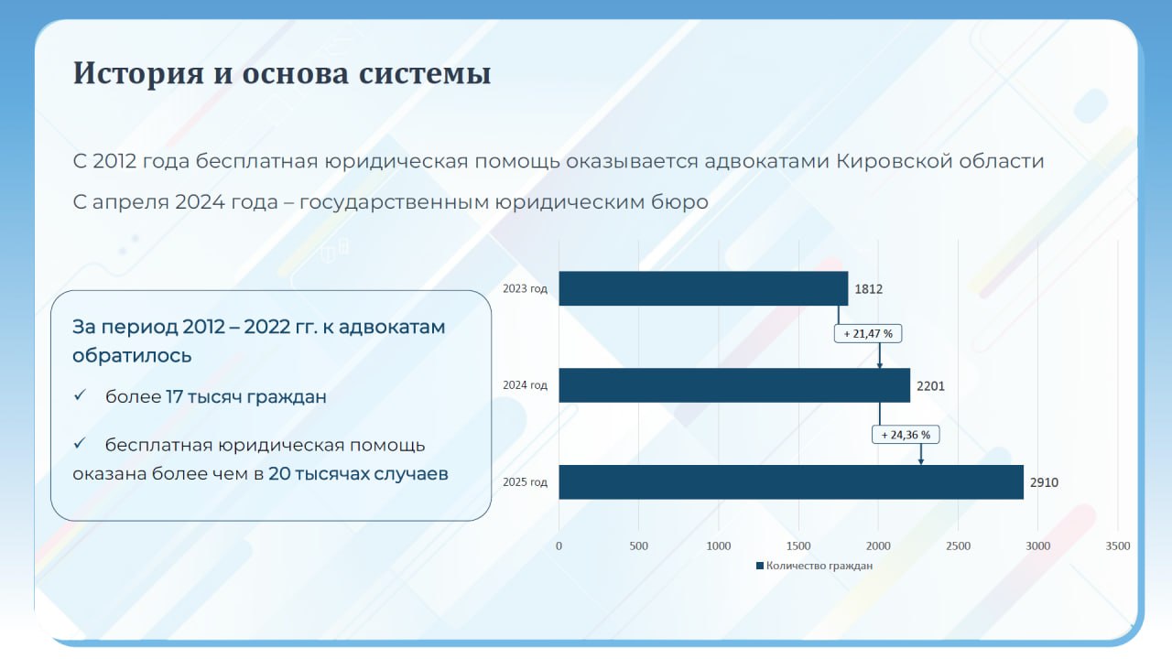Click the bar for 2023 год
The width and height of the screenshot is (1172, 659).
pos(703,288)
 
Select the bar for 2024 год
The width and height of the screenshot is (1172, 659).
pos(734,385)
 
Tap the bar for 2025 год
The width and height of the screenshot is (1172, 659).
pos(791,482)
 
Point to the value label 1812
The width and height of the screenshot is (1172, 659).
pos(869,289)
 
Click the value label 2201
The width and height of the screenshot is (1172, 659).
pos(930,386)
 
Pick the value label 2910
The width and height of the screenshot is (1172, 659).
pos(1044,482)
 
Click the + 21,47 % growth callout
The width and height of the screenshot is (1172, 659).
pos(868,334)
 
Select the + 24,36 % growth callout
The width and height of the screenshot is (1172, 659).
pos(906,435)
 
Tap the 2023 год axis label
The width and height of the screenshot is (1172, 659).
pos(525,289)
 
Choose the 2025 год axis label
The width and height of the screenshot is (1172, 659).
pos(525,482)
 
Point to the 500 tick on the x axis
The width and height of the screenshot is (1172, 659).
pos(639,546)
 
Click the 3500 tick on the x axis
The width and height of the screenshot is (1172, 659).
pos(1118,546)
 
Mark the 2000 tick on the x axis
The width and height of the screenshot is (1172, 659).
pos(878,546)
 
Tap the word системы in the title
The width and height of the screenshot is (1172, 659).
pos(429,73)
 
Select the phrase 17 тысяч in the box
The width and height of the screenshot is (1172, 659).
pos(204,397)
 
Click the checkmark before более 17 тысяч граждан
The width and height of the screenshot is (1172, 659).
pos(81,396)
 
